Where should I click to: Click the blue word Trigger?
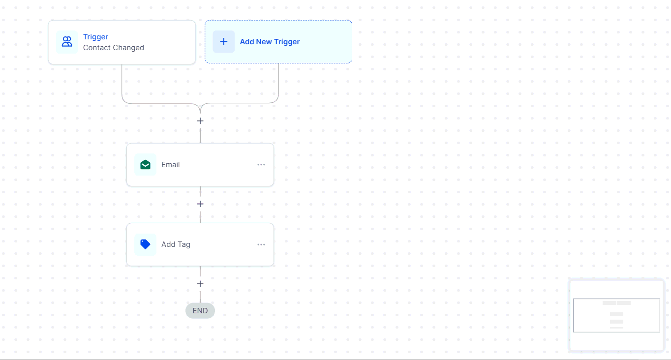click(x=95, y=37)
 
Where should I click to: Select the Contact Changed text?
click(x=114, y=48)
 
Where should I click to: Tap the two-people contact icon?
click(x=67, y=42)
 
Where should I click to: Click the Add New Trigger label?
click(x=270, y=42)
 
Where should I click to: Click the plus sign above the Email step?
click(x=200, y=121)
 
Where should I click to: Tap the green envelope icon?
click(x=145, y=164)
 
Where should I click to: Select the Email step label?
click(x=170, y=165)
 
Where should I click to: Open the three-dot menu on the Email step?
click(x=261, y=165)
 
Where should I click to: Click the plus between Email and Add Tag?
click(x=200, y=204)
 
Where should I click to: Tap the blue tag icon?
click(x=145, y=244)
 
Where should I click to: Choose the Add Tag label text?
click(x=176, y=244)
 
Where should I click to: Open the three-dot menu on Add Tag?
click(x=261, y=245)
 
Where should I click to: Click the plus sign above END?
click(x=200, y=284)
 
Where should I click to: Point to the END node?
click(x=200, y=311)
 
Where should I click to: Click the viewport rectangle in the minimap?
click(x=616, y=299)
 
